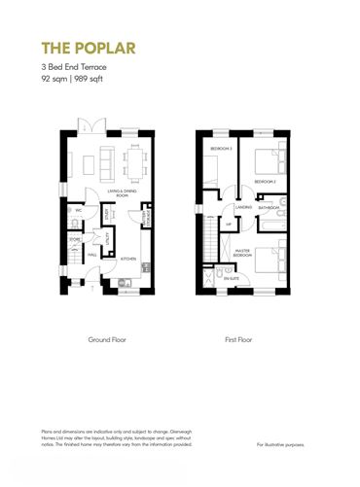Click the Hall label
coord(90,256)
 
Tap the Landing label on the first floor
coord(243,207)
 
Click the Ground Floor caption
coord(107,340)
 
